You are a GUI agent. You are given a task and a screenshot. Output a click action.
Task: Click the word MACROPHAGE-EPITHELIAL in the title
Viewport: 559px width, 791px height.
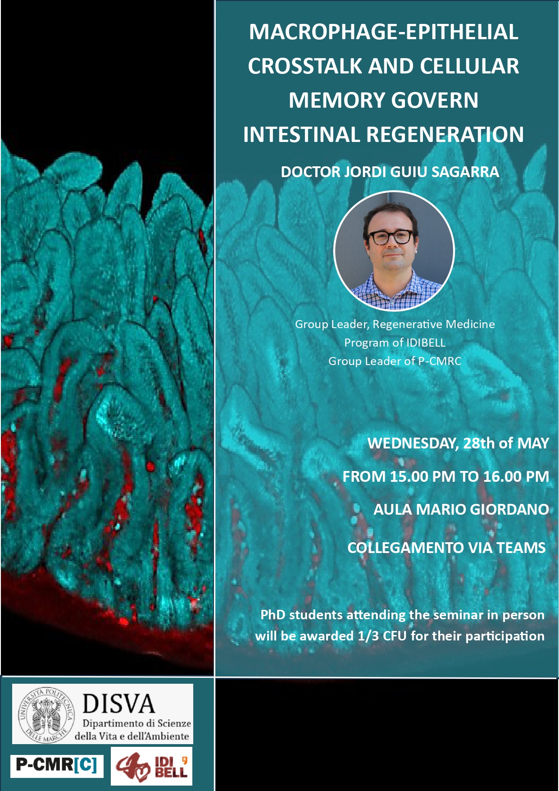pos(383,32)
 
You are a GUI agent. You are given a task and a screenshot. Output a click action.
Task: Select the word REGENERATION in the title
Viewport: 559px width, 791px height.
pos(445,134)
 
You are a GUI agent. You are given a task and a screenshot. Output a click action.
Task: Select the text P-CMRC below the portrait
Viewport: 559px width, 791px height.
pos(440,361)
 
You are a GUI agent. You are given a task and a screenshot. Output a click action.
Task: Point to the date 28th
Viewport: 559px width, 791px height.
pos(479,443)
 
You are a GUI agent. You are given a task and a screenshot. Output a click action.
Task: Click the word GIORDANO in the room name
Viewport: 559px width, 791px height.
pos(509,509)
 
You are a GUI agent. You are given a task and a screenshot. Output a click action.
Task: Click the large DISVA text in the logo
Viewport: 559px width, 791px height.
pos(118,704)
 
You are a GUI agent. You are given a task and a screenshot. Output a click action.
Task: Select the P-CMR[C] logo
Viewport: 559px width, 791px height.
pos(57,766)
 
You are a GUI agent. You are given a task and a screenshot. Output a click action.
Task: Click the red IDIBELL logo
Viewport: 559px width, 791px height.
pos(151,766)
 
